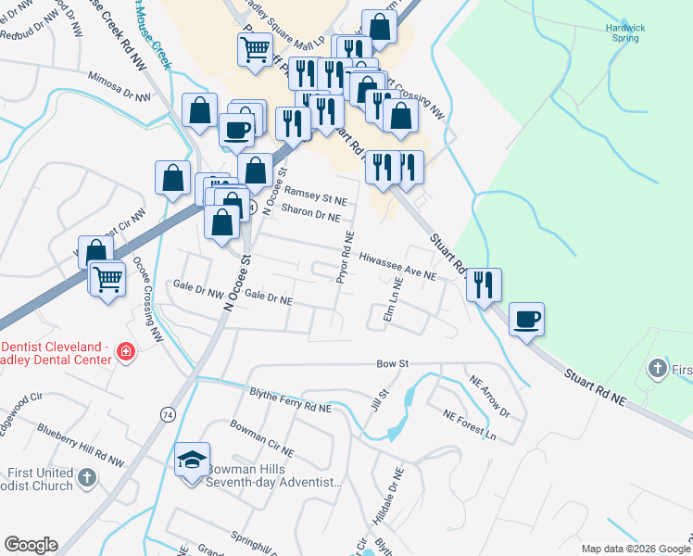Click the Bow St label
point(392,365)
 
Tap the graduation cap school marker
point(192,460)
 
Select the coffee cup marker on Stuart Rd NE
point(526,319)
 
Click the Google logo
point(31,545)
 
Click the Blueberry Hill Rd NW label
point(81,444)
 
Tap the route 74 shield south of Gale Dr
point(167,413)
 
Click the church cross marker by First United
point(86,478)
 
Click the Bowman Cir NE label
point(261,438)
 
